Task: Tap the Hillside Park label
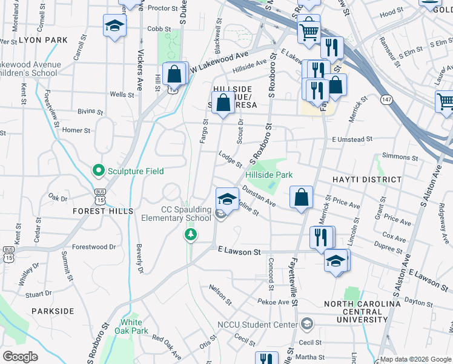(x=269, y=175)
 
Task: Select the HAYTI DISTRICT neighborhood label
(x=366, y=180)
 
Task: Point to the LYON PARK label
(x=43, y=40)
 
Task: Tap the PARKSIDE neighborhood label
(x=54, y=311)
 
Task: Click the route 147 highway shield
(x=385, y=98)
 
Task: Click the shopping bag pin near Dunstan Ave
(x=301, y=197)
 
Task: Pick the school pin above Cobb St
(x=114, y=26)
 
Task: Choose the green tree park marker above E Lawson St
(x=191, y=234)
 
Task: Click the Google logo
(x=20, y=357)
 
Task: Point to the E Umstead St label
(x=352, y=140)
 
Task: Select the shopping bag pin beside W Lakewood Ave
(x=174, y=75)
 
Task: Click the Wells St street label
(x=122, y=95)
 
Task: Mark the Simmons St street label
(x=397, y=157)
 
